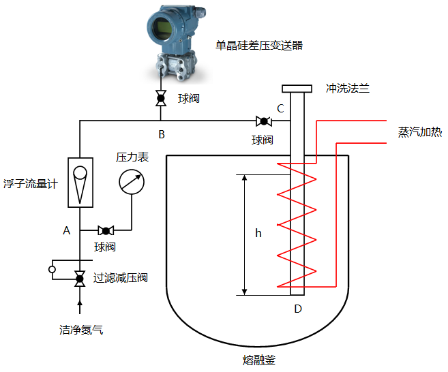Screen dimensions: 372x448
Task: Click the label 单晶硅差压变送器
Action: point(258,46)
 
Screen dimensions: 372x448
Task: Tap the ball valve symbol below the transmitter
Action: point(161,99)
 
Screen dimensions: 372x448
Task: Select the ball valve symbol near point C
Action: point(263,121)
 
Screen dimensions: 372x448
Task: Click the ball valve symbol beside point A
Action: point(106,230)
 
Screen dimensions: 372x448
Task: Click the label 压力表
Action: point(132,157)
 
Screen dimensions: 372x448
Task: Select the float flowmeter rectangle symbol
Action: point(80,182)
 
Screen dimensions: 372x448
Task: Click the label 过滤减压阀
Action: point(120,278)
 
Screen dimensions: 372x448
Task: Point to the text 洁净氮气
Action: point(81,330)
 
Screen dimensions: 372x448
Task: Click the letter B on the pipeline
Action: point(162,134)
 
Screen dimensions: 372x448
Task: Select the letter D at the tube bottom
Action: point(297,309)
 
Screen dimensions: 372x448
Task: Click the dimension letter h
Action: point(258,233)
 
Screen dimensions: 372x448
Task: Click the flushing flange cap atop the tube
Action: point(297,89)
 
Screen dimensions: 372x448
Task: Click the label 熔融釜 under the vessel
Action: point(258,359)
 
